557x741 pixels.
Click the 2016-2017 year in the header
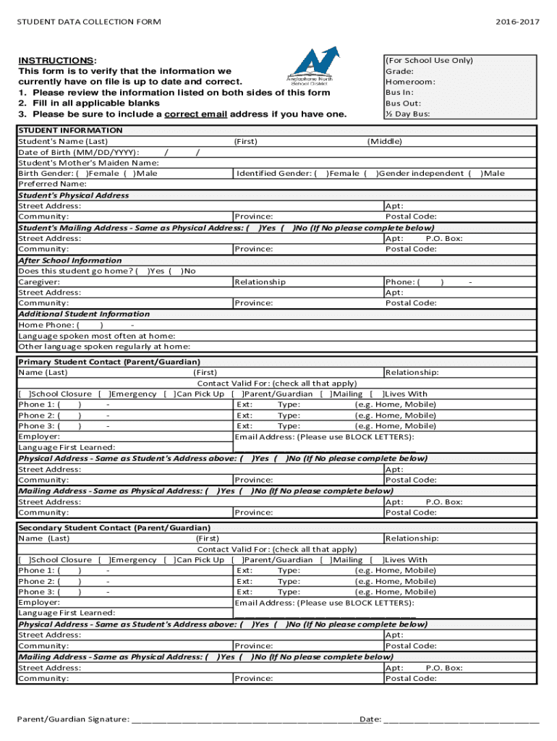517,22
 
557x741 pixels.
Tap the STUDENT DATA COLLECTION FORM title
89,22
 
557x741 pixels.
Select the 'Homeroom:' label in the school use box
410,82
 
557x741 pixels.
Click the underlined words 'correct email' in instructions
196,114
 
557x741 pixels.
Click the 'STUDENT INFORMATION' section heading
70,130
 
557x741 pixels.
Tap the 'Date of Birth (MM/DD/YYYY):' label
79,152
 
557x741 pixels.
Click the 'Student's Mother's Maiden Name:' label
88,163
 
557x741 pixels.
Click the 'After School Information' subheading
70,261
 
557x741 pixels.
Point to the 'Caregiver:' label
39,281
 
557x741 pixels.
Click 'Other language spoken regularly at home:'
94,346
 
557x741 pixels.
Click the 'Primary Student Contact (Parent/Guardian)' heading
109,362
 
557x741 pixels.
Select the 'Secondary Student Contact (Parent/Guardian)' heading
114,528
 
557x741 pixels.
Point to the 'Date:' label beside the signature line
370,719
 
